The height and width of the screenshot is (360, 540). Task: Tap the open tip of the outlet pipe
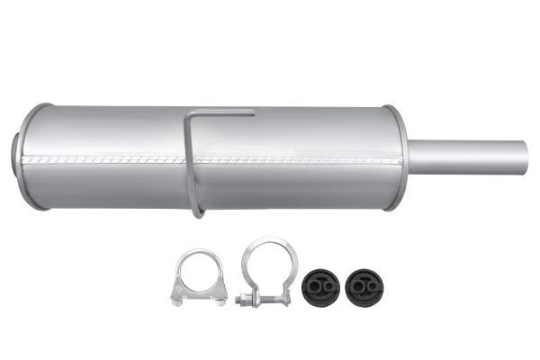(526, 157)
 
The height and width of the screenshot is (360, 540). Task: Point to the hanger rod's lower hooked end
(198, 212)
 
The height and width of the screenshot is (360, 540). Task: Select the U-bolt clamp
(196, 279)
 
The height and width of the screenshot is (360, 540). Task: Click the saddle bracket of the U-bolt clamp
(196, 294)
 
